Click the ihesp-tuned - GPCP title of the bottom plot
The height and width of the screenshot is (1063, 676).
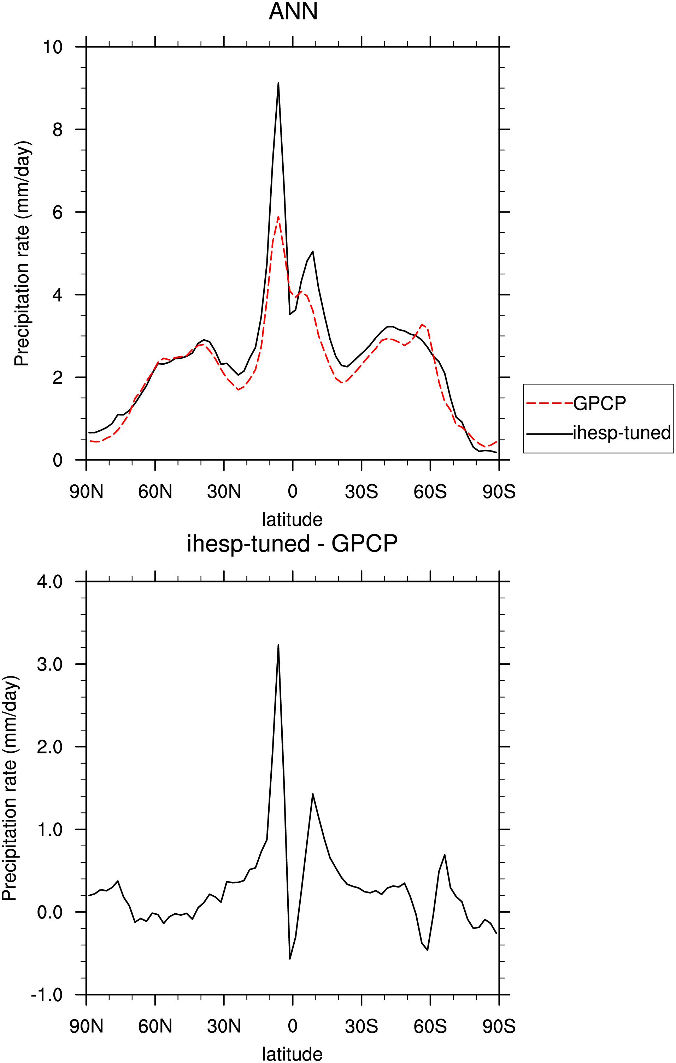tap(292, 543)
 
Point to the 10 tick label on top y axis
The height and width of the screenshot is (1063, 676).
tap(53, 47)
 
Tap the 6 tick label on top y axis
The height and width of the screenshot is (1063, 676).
tap(58, 212)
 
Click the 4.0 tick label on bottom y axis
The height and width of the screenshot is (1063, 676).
tap(49, 581)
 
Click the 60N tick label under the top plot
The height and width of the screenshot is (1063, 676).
tap(155, 491)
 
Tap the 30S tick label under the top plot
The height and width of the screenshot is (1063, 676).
tap(361, 491)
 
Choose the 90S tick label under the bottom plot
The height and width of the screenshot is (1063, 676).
tap(499, 1026)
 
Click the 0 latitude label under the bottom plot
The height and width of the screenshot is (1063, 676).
tap(293, 1026)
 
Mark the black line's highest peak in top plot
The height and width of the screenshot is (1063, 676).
tap(278, 83)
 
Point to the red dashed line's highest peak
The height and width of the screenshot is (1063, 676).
tap(278, 216)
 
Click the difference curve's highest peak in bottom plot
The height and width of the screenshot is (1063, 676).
tap(278, 645)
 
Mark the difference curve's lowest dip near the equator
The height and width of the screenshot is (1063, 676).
tap(290, 959)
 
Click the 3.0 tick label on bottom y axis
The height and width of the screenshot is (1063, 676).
tap(49, 664)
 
